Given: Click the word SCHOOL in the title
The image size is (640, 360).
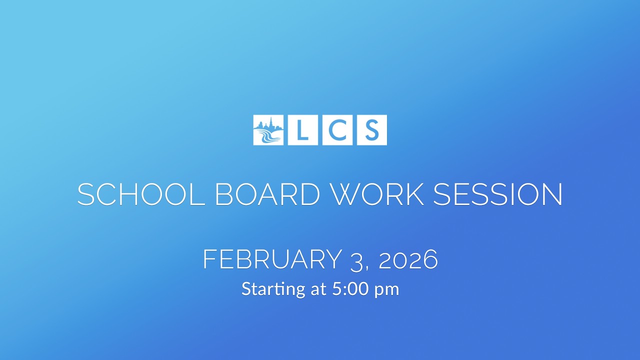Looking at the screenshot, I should (141, 194).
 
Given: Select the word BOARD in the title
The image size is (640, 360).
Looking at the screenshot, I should (267, 194).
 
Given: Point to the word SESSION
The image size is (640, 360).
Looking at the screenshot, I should (498, 194).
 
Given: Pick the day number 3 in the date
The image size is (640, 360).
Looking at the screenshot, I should (356, 260).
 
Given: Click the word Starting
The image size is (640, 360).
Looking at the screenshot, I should (272, 289).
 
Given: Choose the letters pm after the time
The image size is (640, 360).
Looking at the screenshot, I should (387, 290).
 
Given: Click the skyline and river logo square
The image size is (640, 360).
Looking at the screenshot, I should (268, 130).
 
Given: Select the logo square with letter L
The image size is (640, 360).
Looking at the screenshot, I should (303, 130).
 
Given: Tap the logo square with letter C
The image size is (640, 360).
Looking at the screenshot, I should (337, 130).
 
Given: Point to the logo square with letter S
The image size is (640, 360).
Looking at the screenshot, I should (371, 130).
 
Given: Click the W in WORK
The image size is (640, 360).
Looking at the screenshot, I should (348, 194).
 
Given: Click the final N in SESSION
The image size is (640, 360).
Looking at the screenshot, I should (552, 194).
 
